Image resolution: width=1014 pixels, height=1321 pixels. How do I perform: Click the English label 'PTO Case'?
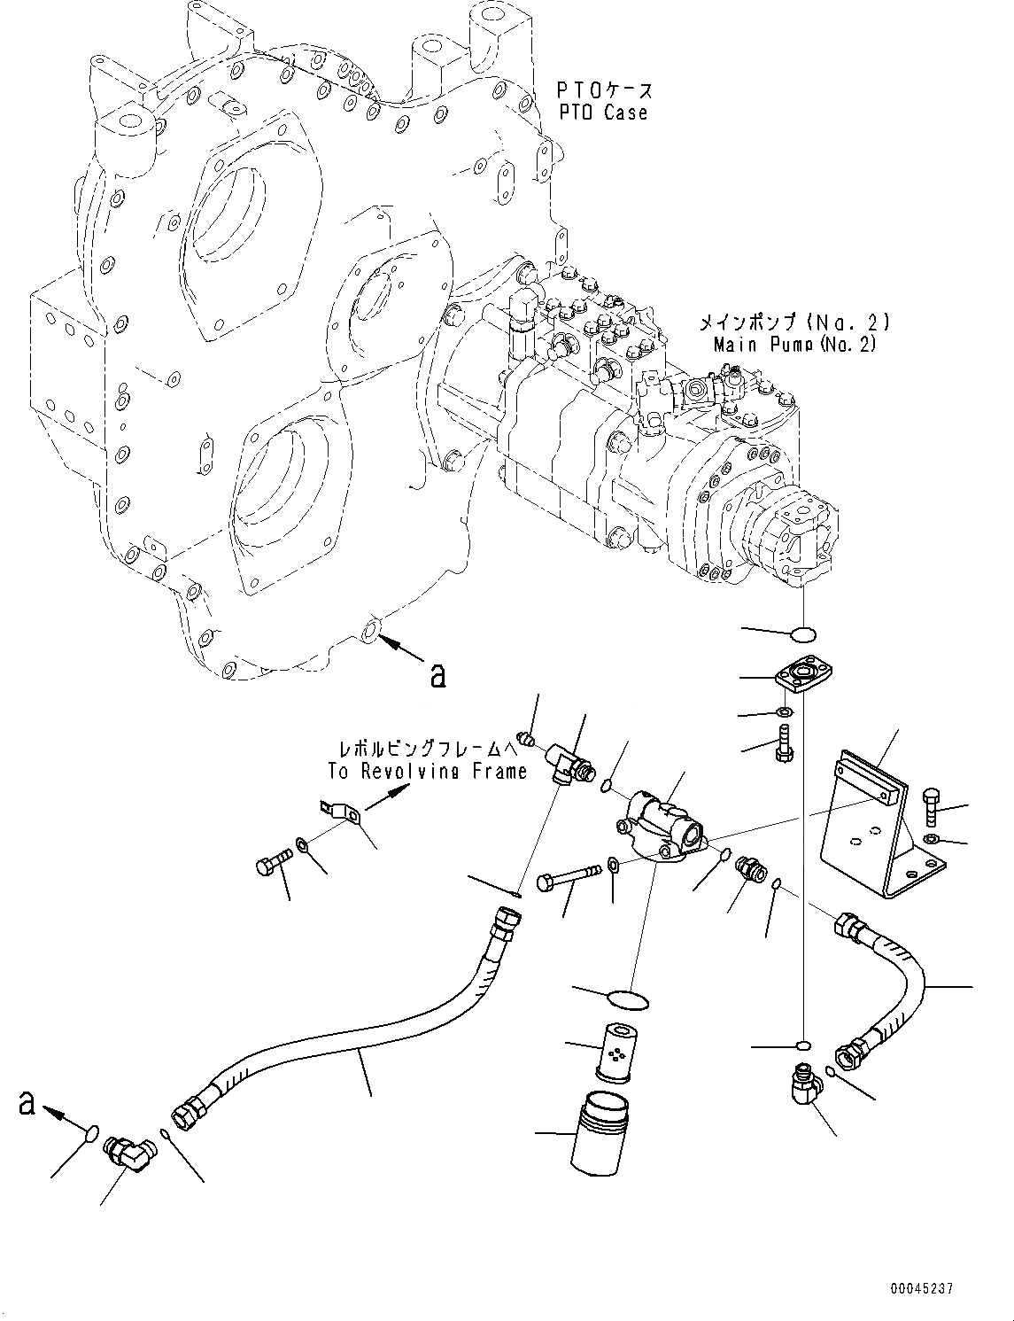click(602, 113)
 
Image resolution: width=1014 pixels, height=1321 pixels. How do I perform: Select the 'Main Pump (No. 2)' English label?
click(794, 345)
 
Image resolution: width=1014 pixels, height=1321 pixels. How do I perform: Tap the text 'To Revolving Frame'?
click(428, 771)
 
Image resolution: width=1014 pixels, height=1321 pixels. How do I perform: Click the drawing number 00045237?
click(922, 1289)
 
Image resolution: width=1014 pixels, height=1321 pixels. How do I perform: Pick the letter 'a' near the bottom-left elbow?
click(27, 1103)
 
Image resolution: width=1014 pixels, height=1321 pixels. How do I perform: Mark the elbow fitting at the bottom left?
click(129, 1153)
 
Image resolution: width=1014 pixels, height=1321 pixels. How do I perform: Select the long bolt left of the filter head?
click(582, 882)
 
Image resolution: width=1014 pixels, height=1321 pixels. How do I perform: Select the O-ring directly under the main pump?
click(803, 633)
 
